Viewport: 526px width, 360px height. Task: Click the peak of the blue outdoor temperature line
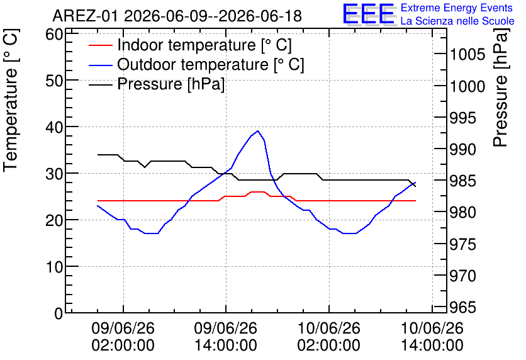click(x=257, y=131)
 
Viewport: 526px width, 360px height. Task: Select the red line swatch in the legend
click(x=100, y=45)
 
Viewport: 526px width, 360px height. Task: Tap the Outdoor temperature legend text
click(x=210, y=64)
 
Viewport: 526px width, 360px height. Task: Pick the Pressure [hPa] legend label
click(x=171, y=84)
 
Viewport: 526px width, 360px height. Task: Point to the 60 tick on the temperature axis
click(x=54, y=34)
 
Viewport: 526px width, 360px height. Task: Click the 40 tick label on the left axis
click(x=54, y=127)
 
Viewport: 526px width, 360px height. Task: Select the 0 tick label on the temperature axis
click(x=59, y=313)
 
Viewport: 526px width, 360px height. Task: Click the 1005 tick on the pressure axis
click(x=467, y=54)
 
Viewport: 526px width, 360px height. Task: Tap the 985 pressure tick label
click(x=462, y=181)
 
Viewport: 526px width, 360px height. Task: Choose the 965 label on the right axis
click(x=462, y=307)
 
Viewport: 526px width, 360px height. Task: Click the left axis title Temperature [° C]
click(x=11, y=100)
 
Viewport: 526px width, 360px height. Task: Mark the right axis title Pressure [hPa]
click(x=500, y=87)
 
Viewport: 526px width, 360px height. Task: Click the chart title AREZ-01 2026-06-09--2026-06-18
click(x=177, y=16)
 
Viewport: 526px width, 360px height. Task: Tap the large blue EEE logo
click(x=368, y=14)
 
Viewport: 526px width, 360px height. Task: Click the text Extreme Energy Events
click(x=457, y=8)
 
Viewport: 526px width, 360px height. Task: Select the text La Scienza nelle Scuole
click(x=457, y=21)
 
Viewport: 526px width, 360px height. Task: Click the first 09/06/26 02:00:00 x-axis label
click(x=123, y=337)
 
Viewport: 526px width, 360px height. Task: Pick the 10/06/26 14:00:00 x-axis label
click(x=432, y=337)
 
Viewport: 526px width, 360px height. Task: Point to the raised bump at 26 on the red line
click(x=257, y=192)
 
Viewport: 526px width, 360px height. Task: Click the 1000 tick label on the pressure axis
click(x=467, y=87)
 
